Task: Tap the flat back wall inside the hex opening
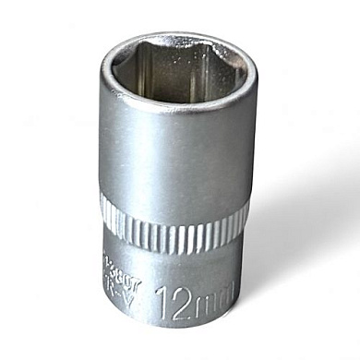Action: coord(181,65)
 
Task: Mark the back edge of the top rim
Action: coord(180,36)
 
